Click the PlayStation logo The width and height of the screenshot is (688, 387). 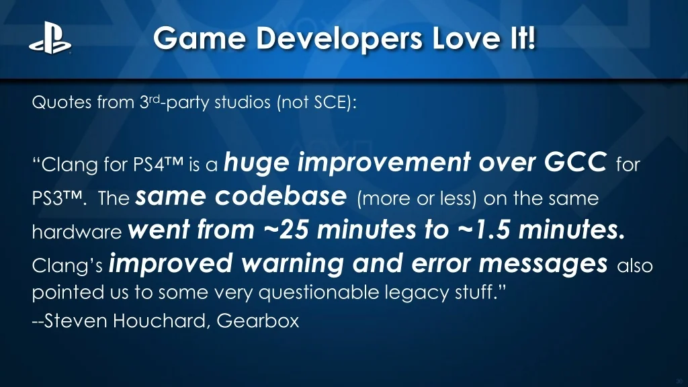point(50,38)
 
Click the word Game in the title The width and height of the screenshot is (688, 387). point(200,38)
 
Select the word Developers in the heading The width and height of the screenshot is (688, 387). point(339,39)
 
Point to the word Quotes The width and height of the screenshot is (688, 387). point(62,102)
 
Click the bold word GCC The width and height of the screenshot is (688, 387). point(575,163)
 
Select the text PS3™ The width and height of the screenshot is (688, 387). point(57,198)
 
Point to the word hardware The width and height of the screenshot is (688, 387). point(77,231)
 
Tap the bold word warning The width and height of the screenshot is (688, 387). point(292,263)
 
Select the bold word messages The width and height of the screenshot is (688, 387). point(543,263)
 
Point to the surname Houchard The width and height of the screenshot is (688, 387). point(159,320)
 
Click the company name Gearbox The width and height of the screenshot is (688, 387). point(257,320)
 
